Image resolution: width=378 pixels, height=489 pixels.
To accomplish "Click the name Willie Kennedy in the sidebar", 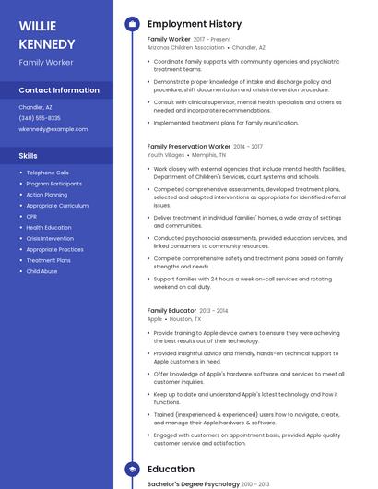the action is coord(47,34).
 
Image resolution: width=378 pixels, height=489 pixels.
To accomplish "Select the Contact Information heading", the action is coord(59,90).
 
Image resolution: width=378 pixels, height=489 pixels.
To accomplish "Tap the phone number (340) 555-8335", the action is coord(40,118).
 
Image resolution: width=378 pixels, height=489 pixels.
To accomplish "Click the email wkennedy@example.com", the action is coord(53,129).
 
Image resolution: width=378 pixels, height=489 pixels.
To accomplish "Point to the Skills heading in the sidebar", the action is coord(29,156).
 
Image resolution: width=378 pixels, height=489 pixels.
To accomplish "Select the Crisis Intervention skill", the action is coord(50,238).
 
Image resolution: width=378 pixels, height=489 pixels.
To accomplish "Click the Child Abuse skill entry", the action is coord(41,271).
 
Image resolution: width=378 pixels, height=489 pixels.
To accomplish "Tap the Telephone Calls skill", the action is coord(47,173).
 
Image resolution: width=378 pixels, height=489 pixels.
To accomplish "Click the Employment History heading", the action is coord(195,24).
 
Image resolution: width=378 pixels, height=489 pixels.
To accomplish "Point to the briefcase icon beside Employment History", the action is coord(132,24).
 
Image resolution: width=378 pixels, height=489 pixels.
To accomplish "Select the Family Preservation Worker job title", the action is coord(189,146).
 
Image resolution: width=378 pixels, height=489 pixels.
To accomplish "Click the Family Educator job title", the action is coord(172,311).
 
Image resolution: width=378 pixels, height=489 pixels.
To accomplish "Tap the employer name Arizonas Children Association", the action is coord(185,47).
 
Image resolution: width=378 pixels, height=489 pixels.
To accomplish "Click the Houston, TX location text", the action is coord(185,319).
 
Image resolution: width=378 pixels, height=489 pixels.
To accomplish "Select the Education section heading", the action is coord(171,470).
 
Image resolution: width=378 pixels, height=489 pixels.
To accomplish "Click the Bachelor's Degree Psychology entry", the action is coord(193,483).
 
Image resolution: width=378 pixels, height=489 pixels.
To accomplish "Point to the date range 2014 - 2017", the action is coord(248,146).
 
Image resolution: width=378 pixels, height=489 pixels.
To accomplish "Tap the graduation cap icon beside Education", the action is coord(132,470).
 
